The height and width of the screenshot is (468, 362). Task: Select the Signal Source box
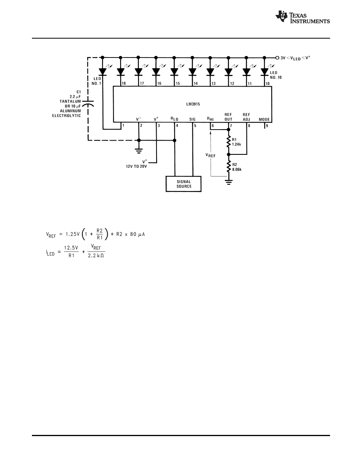tap(184, 184)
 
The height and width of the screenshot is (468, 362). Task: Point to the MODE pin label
tap(265, 119)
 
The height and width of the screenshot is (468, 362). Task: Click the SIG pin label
tap(192, 119)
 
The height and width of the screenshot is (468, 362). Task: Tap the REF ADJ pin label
tap(247, 117)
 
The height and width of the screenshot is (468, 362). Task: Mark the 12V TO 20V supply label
tap(134, 166)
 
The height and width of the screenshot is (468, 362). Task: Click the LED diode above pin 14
tap(192, 71)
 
